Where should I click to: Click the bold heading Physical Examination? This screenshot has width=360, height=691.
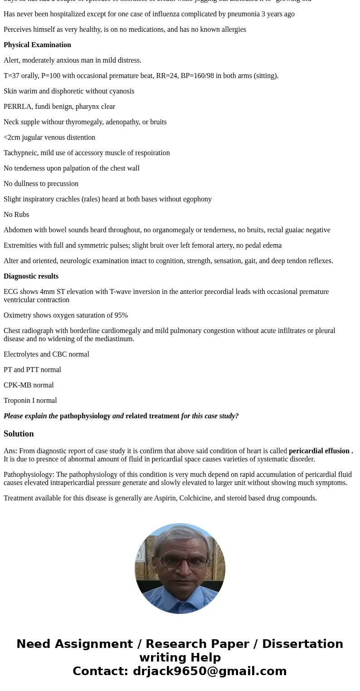pyautogui.click(x=37, y=45)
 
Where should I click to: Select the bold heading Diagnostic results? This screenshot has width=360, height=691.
pyautogui.click(x=31, y=276)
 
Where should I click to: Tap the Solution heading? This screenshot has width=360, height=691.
pyautogui.click(x=19, y=434)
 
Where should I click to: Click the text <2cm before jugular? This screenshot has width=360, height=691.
pyautogui.click(x=11, y=137)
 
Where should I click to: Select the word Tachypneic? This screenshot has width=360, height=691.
pyautogui.click(x=20, y=153)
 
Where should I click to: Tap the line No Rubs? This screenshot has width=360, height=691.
pyautogui.click(x=16, y=215)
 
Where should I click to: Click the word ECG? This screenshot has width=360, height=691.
pyautogui.click(x=11, y=292)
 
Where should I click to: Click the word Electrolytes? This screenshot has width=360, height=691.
pyautogui.click(x=22, y=354)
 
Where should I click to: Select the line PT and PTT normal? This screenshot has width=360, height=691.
pyautogui.click(x=32, y=370)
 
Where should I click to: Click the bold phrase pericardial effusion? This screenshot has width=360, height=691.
pyautogui.click(x=319, y=451)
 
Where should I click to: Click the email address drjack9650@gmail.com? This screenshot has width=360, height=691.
pyautogui.click(x=209, y=671)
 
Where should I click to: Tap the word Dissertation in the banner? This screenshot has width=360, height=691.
pyautogui.click(x=302, y=644)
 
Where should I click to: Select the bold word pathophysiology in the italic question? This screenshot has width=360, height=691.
pyautogui.click(x=85, y=416)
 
